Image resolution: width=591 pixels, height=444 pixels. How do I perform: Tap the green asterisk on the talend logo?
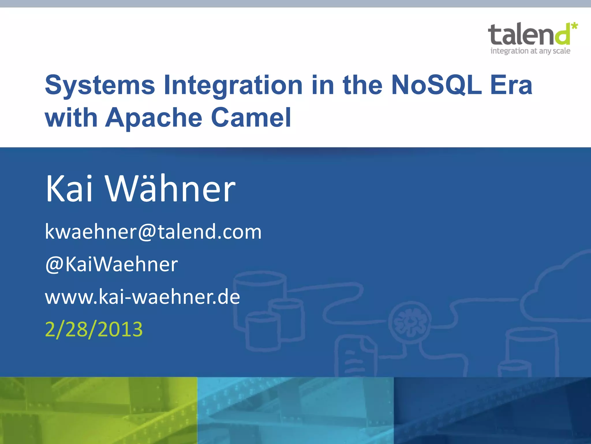pos(574,26)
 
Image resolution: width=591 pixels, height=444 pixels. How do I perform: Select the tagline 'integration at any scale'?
pos(530,51)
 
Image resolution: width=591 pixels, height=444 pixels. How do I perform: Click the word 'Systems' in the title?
pos(100,85)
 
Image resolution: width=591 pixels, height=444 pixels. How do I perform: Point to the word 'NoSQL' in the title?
pos(436,85)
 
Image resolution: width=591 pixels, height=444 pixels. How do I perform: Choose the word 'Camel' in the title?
pos(251,118)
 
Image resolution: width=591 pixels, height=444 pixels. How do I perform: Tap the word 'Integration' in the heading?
pos(233,85)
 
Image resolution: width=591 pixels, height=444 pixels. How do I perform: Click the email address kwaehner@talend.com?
pos(153,232)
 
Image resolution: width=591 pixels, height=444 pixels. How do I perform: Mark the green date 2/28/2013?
pos(94,329)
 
